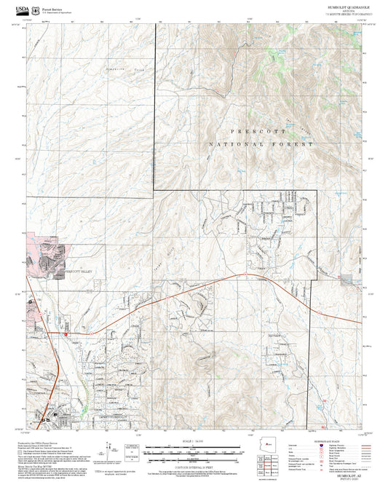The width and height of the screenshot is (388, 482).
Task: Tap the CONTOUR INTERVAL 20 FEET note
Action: click(x=193, y=465)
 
